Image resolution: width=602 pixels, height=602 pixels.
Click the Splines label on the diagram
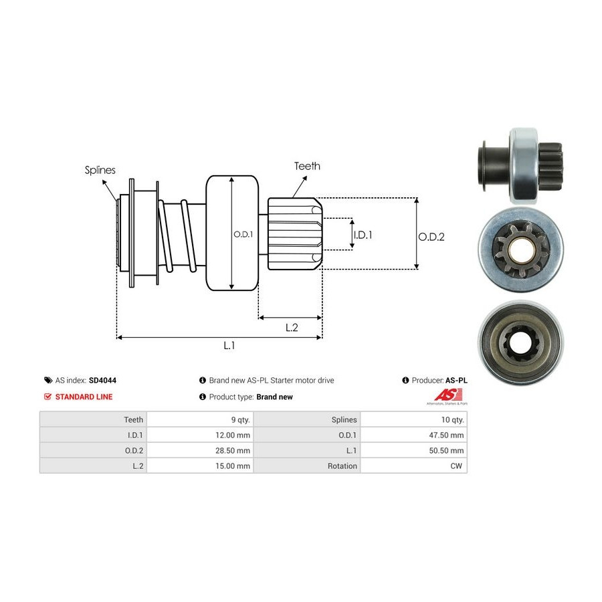100,170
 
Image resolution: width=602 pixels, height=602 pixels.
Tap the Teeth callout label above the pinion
307,166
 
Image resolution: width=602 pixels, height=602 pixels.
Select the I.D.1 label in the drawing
362,235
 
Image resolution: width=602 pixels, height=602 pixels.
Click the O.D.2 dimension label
431,236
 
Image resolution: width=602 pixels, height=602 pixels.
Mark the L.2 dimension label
292,327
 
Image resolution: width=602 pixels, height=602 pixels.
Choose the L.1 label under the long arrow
229,346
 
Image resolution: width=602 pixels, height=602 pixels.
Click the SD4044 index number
102,380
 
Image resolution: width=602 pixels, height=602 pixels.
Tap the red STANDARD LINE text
84,397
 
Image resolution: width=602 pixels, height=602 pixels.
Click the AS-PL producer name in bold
457,380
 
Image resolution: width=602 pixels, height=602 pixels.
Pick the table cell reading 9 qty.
240,419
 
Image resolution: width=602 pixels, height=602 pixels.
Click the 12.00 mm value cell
233,435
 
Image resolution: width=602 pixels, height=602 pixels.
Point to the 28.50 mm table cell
233,450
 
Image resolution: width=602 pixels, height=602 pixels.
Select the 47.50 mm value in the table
447,435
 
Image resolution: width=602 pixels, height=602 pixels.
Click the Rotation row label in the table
342,466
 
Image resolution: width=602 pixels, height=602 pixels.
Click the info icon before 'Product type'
203,397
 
